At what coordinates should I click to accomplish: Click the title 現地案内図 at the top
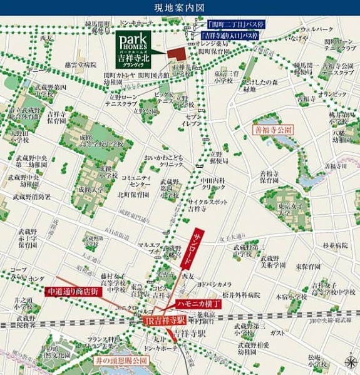pos(180,8)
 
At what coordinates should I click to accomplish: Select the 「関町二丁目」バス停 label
pos(237,24)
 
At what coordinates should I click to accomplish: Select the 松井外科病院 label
pos(240,294)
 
